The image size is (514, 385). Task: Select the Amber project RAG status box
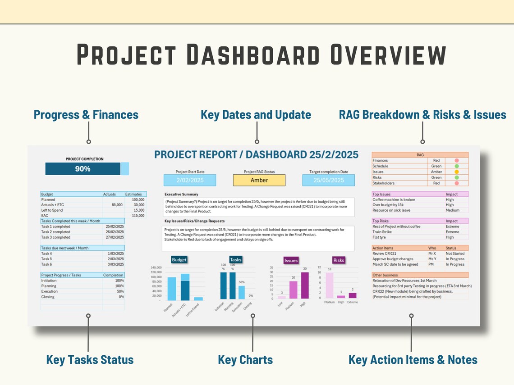(x=259, y=180)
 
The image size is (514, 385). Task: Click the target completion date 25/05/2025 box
(x=328, y=180)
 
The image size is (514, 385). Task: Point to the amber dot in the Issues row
(x=456, y=172)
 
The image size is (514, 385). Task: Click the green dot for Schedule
(x=456, y=166)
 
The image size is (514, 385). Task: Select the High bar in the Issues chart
(x=305, y=285)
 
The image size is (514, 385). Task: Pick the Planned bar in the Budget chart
(x=172, y=289)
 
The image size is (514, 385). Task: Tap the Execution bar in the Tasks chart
(x=241, y=293)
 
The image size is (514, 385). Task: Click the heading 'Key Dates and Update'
(x=256, y=115)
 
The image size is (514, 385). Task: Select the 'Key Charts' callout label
(x=245, y=360)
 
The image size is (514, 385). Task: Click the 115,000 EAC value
(x=138, y=216)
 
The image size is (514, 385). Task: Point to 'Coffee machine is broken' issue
(x=394, y=199)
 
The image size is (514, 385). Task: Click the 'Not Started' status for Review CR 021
(x=455, y=254)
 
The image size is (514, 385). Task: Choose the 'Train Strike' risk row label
(x=383, y=232)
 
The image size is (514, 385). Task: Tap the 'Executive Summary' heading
(x=181, y=195)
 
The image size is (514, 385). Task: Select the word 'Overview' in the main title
(x=388, y=55)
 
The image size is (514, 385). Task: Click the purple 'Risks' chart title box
(x=338, y=260)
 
